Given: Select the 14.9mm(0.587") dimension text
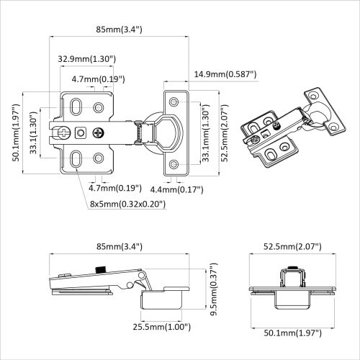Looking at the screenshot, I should click(x=225, y=73).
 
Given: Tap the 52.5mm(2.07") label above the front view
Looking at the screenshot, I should click(x=291, y=246).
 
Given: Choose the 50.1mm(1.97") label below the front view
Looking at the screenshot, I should click(x=291, y=333).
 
